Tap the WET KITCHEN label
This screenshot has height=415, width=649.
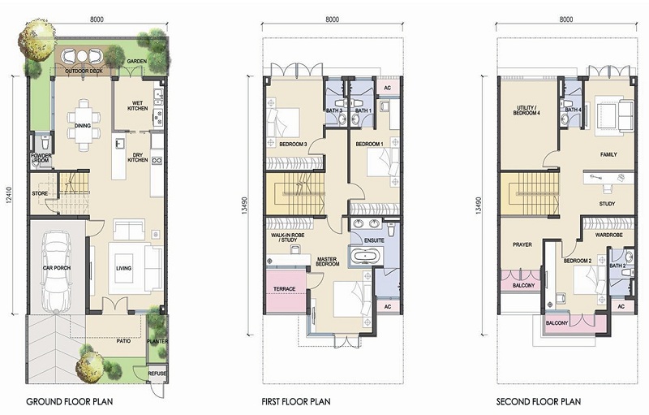coord(137,106)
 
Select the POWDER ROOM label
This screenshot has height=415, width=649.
coord(41,158)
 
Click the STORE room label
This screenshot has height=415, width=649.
coord(40,193)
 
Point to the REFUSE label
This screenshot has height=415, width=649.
coord(157,374)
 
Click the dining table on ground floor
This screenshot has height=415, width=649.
coord(84,125)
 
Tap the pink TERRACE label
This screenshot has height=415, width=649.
coord(285,288)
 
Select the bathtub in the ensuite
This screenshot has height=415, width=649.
coord(364,256)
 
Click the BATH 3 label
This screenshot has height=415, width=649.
coord(334,110)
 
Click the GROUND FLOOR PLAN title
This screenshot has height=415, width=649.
coord(70,401)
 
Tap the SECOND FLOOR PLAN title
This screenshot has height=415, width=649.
coord(539,401)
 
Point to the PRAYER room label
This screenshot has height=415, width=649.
coord(522,244)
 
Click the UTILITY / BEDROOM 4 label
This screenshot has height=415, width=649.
coord(527,110)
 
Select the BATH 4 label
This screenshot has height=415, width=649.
coord(574,110)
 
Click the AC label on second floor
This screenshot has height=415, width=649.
coord(621,306)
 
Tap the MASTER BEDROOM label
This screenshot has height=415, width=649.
coord(328,262)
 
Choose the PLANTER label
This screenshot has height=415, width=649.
coord(157,341)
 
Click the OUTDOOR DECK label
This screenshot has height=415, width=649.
coord(84,71)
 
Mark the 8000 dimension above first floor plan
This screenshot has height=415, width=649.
coord(332,19)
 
